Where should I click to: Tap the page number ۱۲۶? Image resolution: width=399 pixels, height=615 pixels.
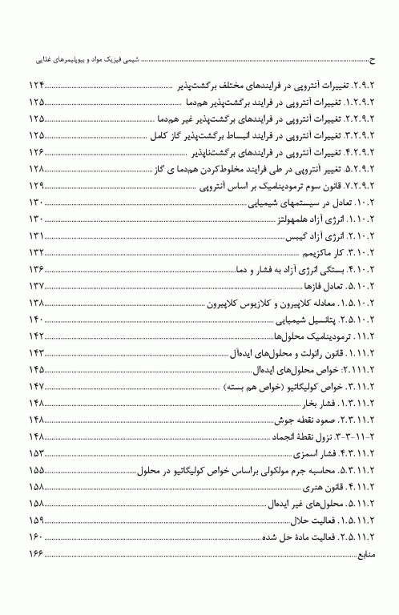coord(37,152)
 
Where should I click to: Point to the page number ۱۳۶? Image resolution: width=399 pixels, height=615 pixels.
coord(37,269)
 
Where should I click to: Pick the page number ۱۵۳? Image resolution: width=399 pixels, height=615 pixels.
coord(37,453)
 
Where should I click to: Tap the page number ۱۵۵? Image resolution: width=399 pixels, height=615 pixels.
coord(37,470)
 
